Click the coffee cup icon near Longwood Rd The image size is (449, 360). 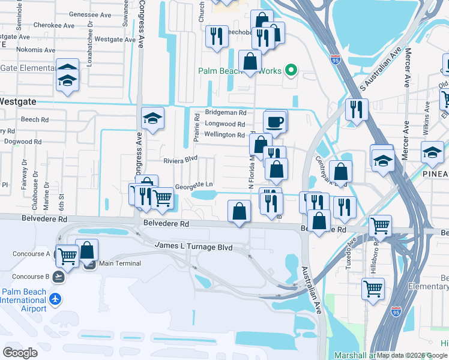point(275,122)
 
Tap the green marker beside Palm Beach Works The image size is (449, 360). point(291,71)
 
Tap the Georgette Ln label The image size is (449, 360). point(193,185)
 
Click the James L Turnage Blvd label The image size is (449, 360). point(193,246)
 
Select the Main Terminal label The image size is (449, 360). point(120,263)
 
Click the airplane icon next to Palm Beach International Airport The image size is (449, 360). point(55,298)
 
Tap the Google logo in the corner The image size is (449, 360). point(20,352)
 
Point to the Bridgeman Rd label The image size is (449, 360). point(226,112)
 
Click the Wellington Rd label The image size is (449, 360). point(224,135)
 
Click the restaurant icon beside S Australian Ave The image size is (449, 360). point(357,110)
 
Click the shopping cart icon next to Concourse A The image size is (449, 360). point(67,255)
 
